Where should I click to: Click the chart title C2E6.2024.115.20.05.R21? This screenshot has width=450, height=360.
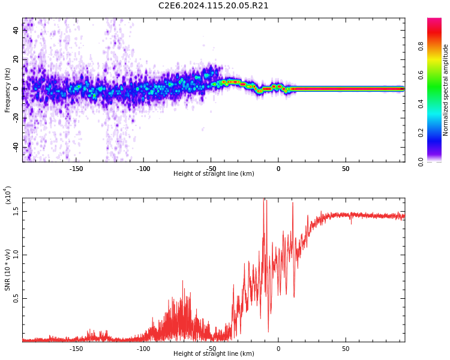click(x=213, y=6)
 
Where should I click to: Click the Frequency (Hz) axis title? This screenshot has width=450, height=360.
click(x=8, y=90)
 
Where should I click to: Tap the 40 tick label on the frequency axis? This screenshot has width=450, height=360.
click(x=16, y=29)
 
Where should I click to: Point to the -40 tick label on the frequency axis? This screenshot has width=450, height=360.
click(x=15, y=148)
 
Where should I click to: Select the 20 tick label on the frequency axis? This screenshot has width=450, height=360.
click(x=16, y=59)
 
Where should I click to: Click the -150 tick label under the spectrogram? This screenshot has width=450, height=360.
click(x=76, y=169)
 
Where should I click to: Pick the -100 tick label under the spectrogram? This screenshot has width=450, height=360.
click(x=143, y=169)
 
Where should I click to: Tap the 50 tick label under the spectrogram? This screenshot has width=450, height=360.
click(x=346, y=169)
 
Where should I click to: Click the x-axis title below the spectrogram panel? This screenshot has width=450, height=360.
click(x=214, y=174)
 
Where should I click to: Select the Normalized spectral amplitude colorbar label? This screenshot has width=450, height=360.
click(x=446, y=90)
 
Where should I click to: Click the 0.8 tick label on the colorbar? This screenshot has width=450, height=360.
click(x=437, y=46)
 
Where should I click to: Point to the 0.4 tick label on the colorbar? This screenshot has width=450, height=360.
click(x=437, y=104)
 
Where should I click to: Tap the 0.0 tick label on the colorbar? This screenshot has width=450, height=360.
click(x=437, y=161)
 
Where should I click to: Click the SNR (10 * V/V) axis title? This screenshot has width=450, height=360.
click(x=8, y=270)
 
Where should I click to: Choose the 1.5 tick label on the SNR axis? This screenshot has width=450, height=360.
click(x=16, y=211)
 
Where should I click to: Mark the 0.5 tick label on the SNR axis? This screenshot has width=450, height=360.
click(x=16, y=298)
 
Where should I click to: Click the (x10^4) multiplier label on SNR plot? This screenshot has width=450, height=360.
click(x=8, y=195)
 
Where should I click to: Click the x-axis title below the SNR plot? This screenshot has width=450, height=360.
click(x=214, y=354)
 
